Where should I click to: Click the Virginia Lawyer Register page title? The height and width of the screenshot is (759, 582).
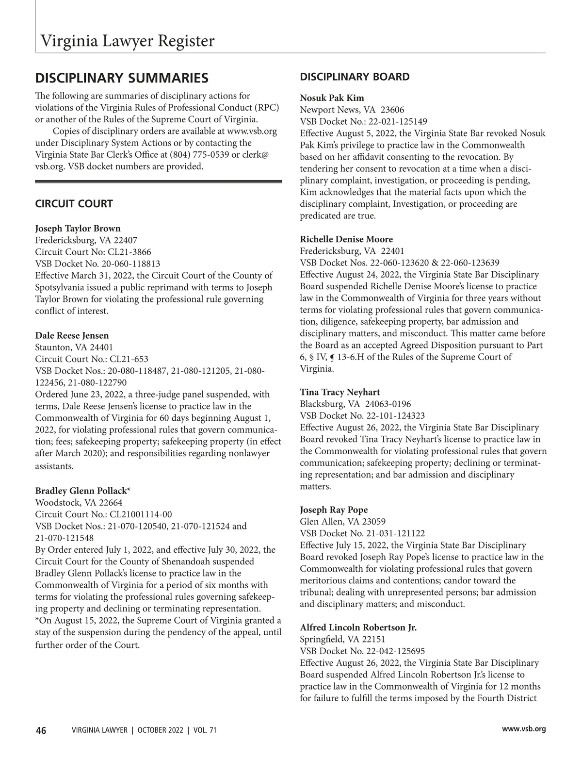pyautogui.click(x=127, y=41)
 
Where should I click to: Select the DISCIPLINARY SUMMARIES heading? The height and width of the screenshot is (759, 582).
pyautogui.click(x=122, y=78)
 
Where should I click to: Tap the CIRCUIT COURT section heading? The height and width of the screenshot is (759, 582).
pyautogui.click(x=74, y=204)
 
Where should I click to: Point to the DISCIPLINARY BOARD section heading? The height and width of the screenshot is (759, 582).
pyautogui.click(x=355, y=77)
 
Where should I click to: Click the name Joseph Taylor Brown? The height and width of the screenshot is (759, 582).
pyautogui.click(x=78, y=229)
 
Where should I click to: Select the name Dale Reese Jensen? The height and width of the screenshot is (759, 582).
pyautogui.click(x=72, y=336)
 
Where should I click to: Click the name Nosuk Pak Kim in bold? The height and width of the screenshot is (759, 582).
pyautogui.click(x=332, y=98)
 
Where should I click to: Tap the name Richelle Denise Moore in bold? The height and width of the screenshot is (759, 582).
pyautogui.click(x=346, y=239)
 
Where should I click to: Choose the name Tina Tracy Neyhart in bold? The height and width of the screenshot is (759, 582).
pyautogui.click(x=339, y=392)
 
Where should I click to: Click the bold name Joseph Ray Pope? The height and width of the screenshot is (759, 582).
pyautogui.click(x=334, y=510)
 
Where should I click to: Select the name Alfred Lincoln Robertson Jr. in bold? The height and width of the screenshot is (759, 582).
pyautogui.click(x=358, y=627)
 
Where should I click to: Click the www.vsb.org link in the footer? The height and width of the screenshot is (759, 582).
pyautogui.click(x=524, y=729)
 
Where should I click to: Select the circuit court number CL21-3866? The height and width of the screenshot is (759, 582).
pyautogui.click(x=129, y=252)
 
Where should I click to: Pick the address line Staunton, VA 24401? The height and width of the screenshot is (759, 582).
pyautogui.click(x=74, y=347)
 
